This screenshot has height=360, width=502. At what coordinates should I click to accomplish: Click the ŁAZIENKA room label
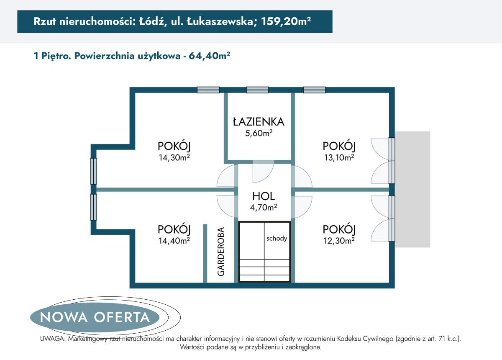tap(259, 122)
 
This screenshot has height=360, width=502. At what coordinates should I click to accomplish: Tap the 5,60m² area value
tap(259, 133)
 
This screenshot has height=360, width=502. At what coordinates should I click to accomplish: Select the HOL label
tap(264, 196)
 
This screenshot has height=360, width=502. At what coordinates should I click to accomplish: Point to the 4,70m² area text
tap(264, 207)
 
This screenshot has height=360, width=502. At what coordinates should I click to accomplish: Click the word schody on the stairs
tap(277, 239)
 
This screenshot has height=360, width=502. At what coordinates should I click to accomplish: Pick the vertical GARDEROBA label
tap(221, 251)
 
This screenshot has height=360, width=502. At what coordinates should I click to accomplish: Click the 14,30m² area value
tap(174, 157)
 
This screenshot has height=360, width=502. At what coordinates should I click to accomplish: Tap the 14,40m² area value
tap(174, 240)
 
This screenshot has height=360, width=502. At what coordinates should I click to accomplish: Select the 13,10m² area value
tap(339, 157)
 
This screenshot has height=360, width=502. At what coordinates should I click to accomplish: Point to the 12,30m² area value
tap(339, 240)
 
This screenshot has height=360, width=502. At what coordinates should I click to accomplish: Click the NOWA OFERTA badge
tap(95, 317)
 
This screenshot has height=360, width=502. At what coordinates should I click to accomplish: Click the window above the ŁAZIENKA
tap(257, 90)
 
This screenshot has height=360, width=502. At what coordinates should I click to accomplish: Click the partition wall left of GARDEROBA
tap(205, 253)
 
